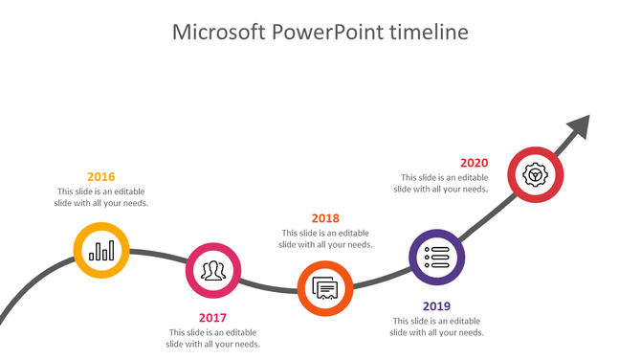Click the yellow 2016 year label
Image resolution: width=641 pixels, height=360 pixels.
tap(100, 177)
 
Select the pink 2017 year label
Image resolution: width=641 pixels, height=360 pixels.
tap(212, 318)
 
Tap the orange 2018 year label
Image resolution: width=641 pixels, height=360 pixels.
tap(325, 218)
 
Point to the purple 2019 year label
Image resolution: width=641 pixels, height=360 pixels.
tap(436, 306)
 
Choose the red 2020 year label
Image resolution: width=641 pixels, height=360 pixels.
tap(474, 163)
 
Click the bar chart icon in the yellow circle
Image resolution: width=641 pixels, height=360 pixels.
tap(101, 251)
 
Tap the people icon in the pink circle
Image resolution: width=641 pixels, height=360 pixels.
tap(212, 270)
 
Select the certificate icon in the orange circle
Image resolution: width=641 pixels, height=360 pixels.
tap(325, 287)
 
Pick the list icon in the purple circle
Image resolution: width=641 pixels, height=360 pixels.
tap(436, 257)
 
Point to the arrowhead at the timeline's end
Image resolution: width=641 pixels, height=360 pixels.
tap(579, 126)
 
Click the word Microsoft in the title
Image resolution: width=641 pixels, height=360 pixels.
tap(218, 33)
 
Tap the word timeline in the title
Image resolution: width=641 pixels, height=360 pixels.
tap(430, 33)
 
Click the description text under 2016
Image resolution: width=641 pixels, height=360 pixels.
tap(101, 197)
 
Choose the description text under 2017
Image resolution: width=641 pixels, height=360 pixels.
tap(212, 338)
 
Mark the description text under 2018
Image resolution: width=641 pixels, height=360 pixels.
tap(325, 238)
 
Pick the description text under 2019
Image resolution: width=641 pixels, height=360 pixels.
tap(436, 326)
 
